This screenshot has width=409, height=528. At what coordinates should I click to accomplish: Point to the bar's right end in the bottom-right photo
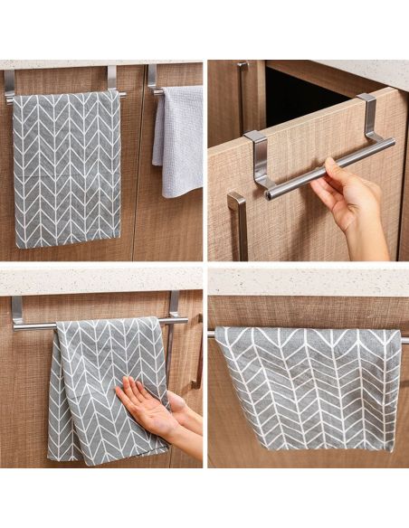point(404,340)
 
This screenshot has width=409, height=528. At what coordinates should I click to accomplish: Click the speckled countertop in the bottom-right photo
point(308,280)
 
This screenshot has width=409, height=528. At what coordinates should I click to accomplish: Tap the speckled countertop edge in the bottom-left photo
point(100,280)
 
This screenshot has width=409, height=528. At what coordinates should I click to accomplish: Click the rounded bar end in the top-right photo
point(271,194)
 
